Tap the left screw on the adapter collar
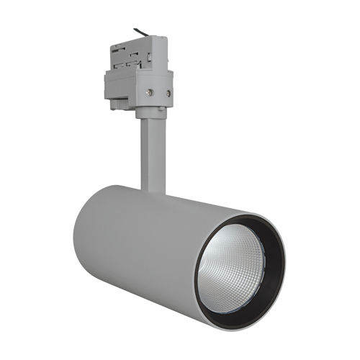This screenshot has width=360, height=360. tap(149, 91)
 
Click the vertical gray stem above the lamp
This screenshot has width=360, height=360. tap(151, 155)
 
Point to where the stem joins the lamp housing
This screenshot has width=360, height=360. tap(153, 192)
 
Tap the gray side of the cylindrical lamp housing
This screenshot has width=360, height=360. tap(144, 245)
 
